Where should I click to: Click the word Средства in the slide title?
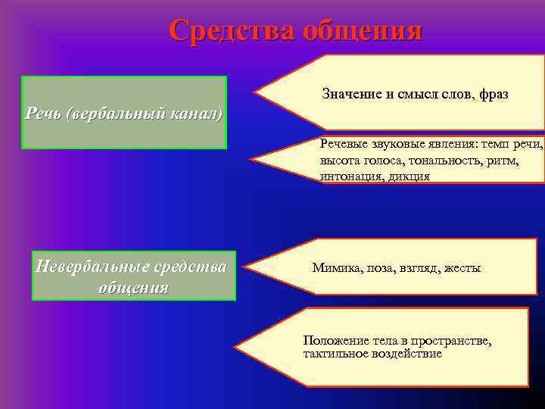coord(232,30)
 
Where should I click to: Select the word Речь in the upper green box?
coord(43,114)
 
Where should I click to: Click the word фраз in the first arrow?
coord(494,95)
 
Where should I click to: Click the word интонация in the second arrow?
coord(347,176)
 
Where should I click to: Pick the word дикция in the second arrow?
coord(410,176)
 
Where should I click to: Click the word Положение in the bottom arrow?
coord(332,341)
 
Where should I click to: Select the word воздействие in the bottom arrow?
coord(404,354)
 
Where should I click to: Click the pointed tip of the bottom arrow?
coord(236,347)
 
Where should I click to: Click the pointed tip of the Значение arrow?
coord(255,92)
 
